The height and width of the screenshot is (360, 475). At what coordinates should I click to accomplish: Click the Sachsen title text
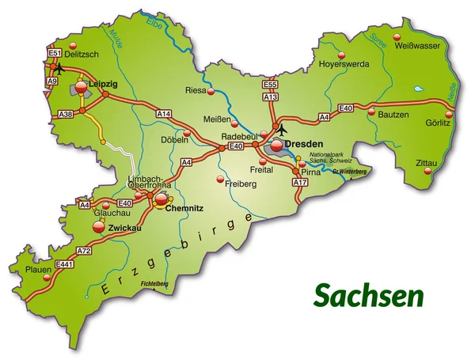[368, 295]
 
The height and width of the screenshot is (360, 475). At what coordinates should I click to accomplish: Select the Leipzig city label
[104, 82]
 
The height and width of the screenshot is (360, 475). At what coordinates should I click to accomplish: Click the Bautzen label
[393, 115]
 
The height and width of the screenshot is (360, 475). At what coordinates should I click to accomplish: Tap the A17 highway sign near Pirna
[299, 183]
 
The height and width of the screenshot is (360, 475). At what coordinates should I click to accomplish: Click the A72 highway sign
[85, 251]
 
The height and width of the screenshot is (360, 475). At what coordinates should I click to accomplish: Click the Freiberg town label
[241, 184]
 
